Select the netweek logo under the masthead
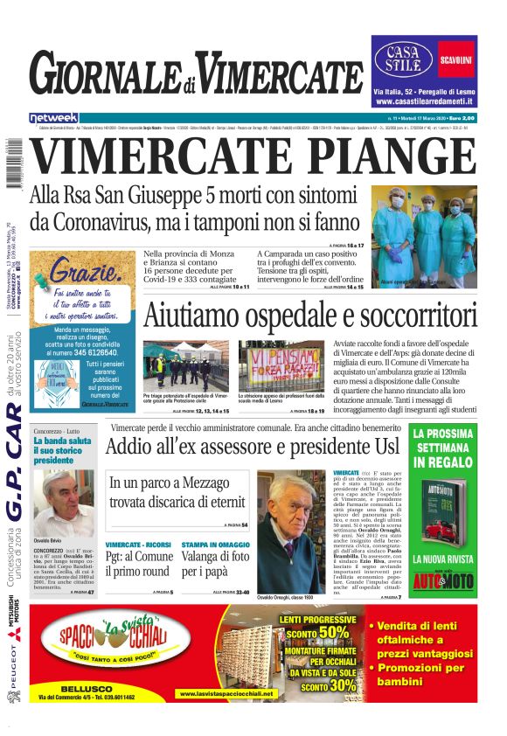tap(53, 117)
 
